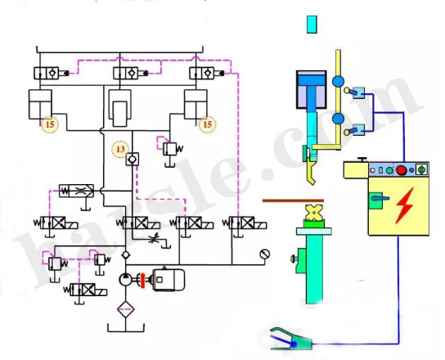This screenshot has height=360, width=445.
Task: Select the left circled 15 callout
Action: coord(51,124)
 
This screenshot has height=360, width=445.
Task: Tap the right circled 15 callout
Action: coord(208,124)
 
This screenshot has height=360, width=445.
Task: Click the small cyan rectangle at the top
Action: coord(311,25)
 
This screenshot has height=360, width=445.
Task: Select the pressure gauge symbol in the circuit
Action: coord(263,254)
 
